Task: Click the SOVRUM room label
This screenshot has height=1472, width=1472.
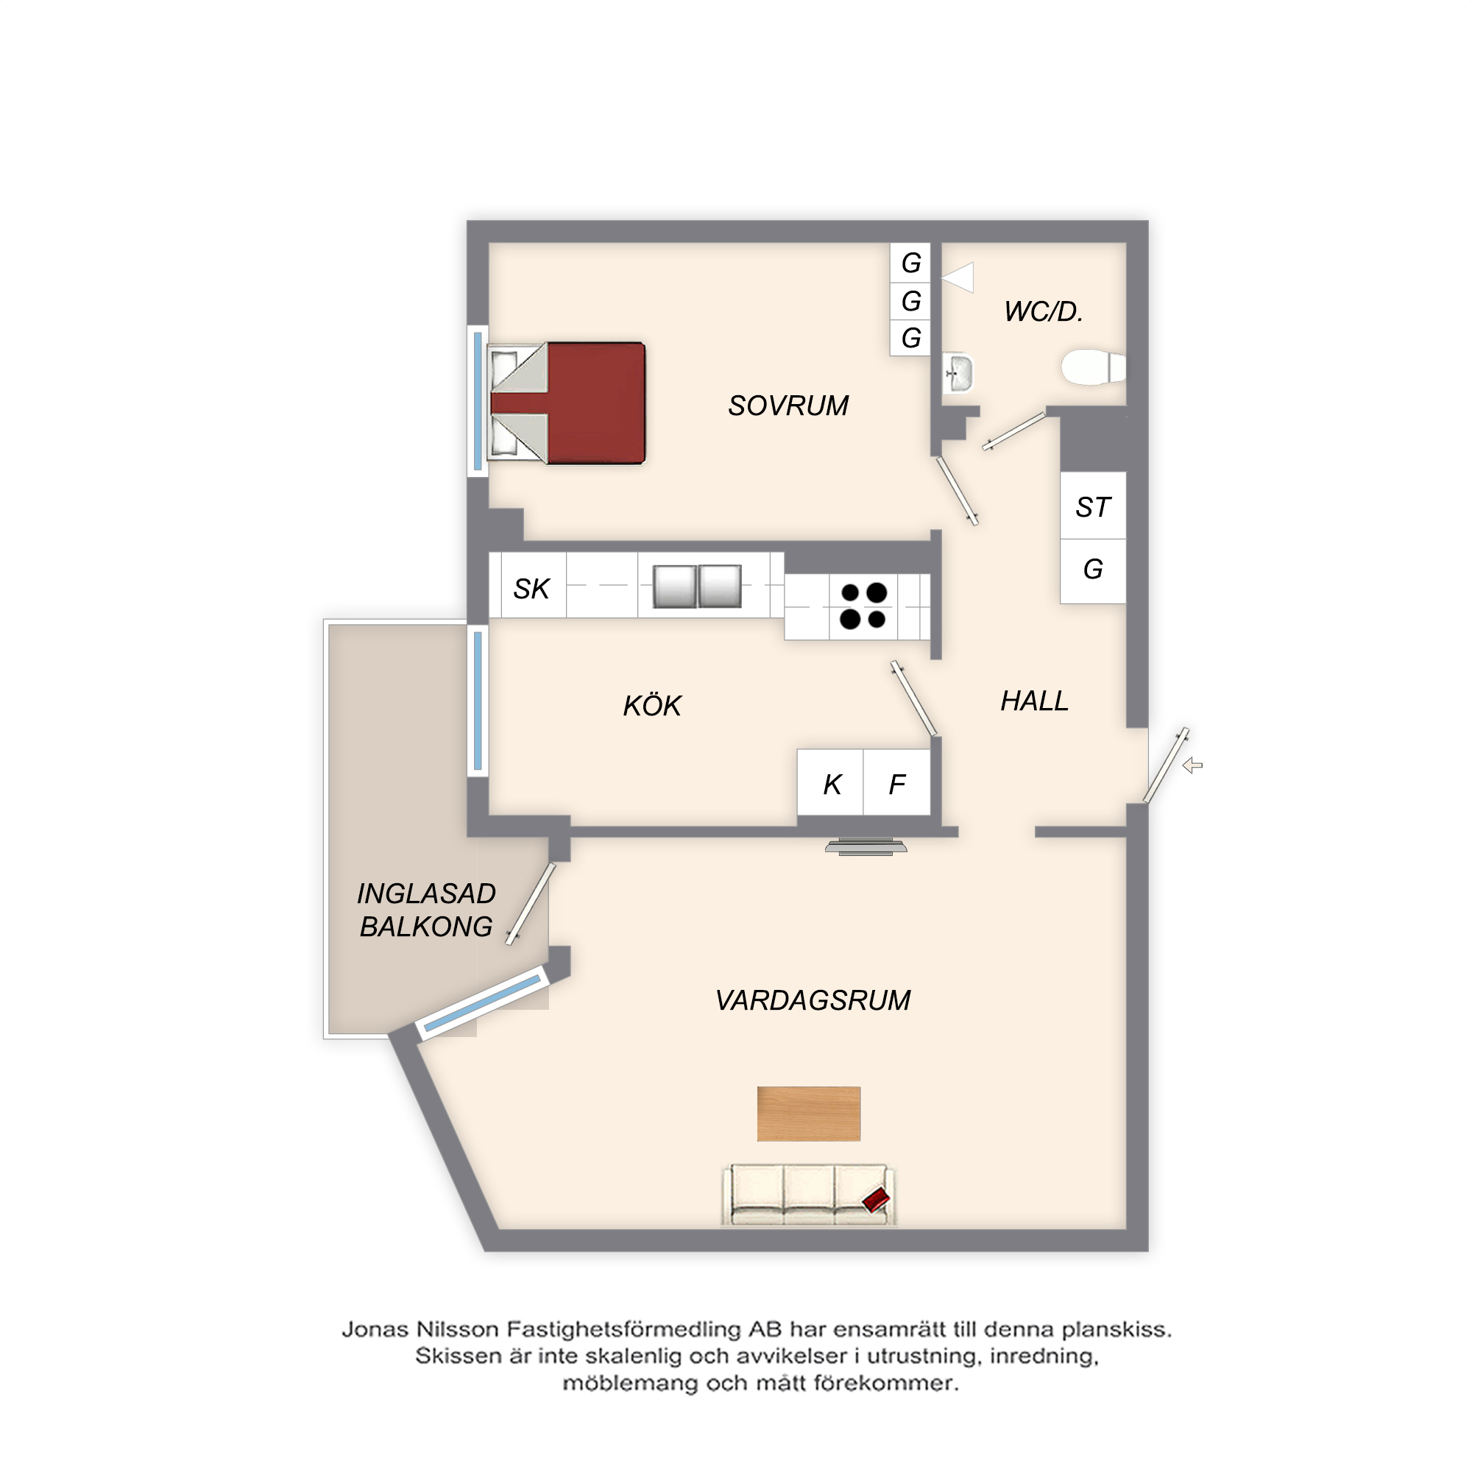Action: click(788, 406)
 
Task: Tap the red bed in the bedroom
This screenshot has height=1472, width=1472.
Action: click(567, 403)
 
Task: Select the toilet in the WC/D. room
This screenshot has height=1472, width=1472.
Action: click(1094, 367)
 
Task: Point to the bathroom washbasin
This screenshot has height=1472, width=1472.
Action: click(958, 373)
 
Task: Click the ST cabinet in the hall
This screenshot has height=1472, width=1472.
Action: click(1092, 506)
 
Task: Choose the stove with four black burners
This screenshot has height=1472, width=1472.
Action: click(863, 606)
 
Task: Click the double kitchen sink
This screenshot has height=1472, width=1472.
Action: click(697, 586)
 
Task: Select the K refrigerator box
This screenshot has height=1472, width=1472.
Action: click(830, 782)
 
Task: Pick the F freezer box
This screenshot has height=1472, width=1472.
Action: click(896, 782)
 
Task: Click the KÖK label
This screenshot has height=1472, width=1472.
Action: click(652, 705)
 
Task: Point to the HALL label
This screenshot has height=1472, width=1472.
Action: click(1034, 701)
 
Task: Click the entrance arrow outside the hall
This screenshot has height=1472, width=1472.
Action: click(1192, 765)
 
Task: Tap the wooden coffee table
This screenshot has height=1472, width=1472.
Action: click(808, 1114)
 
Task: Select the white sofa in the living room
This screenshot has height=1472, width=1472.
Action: click(808, 1195)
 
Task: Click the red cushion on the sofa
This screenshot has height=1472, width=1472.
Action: click(876, 1200)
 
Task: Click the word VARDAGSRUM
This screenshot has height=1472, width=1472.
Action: click(813, 1000)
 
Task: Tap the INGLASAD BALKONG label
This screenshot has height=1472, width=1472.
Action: click(426, 910)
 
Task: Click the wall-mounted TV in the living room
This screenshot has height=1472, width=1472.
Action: click(866, 847)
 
